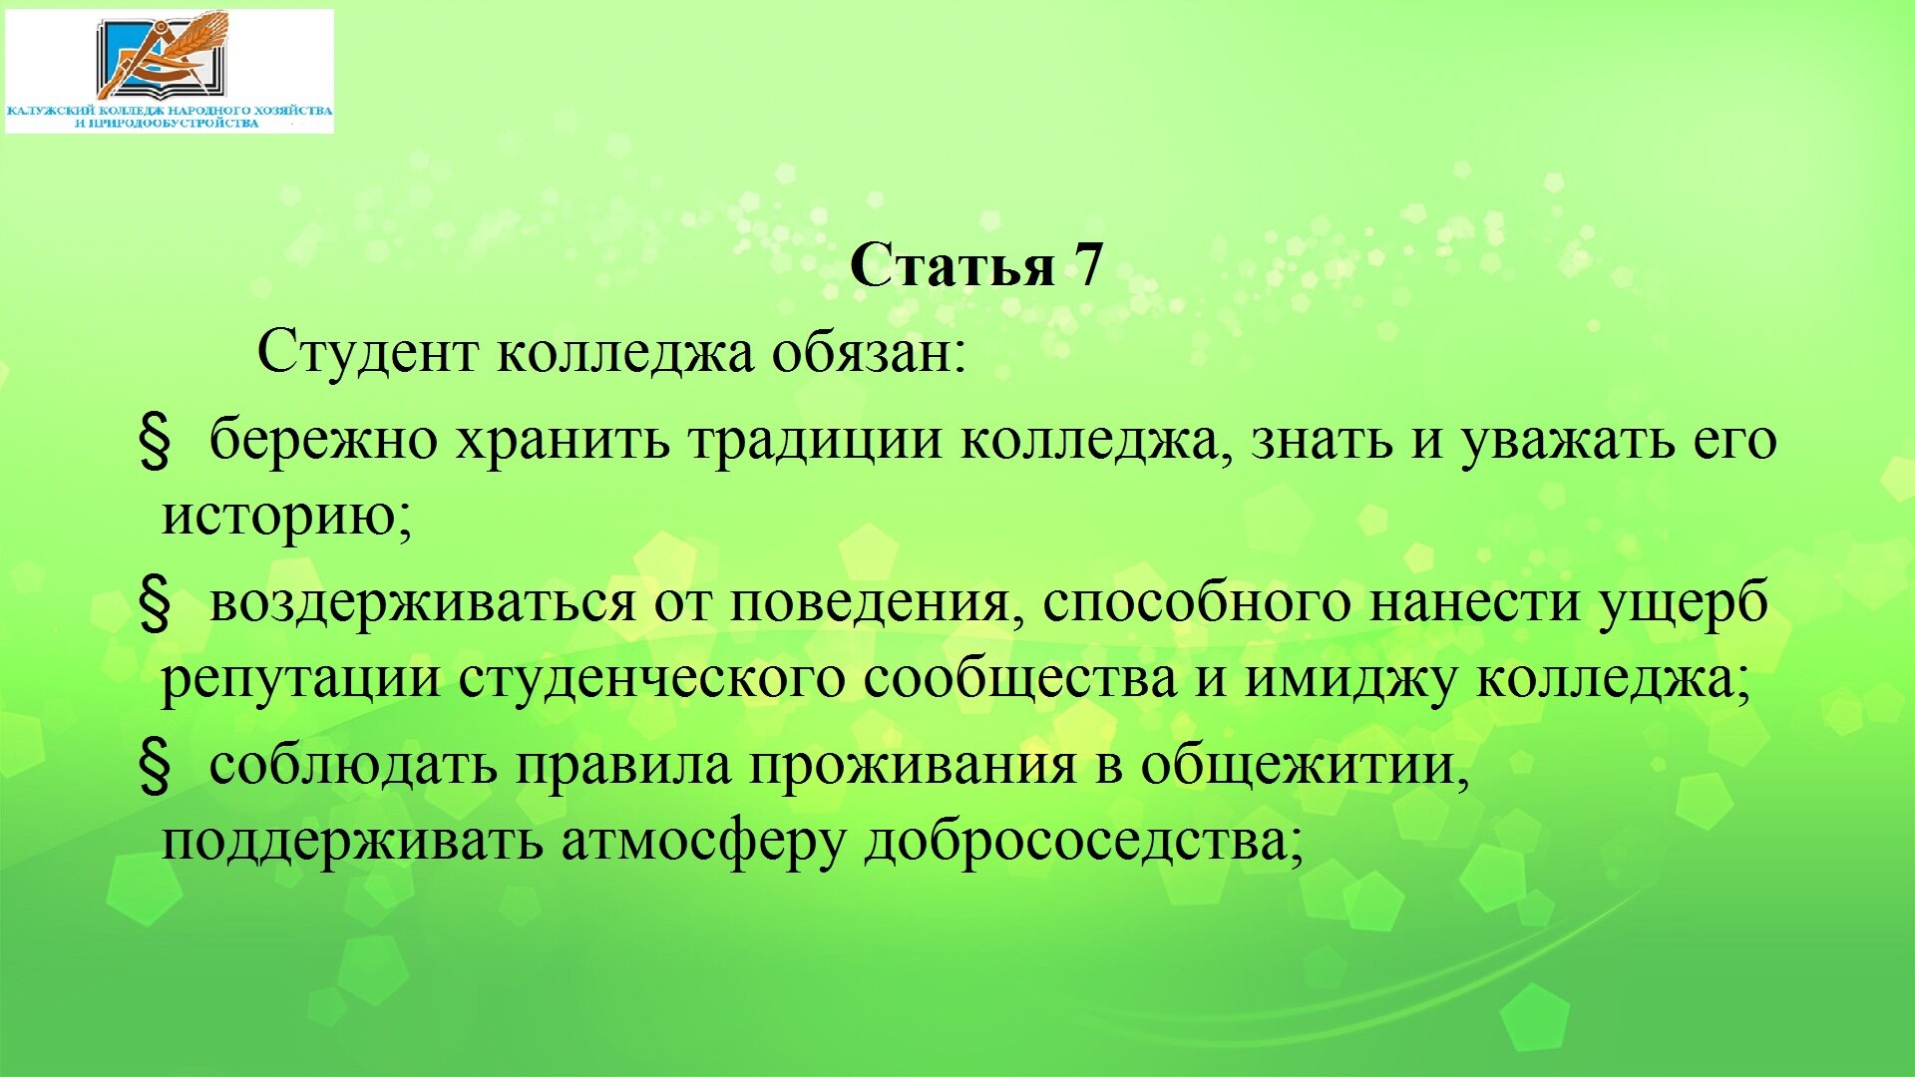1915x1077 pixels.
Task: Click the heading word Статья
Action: pyautogui.click(x=953, y=265)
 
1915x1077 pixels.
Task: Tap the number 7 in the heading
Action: pyautogui.click(x=1088, y=265)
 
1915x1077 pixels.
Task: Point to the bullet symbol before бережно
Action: pyautogui.click(x=154, y=442)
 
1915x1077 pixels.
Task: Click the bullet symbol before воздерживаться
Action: pyautogui.click(x=154, y=604)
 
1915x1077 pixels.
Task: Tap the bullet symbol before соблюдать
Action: pyautogui.click(x=154, y=767)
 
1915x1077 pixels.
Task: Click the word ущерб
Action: pyautogui.click(x=1685, y=602)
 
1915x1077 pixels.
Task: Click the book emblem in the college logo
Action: pyautogui.click(x=163, y=55)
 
